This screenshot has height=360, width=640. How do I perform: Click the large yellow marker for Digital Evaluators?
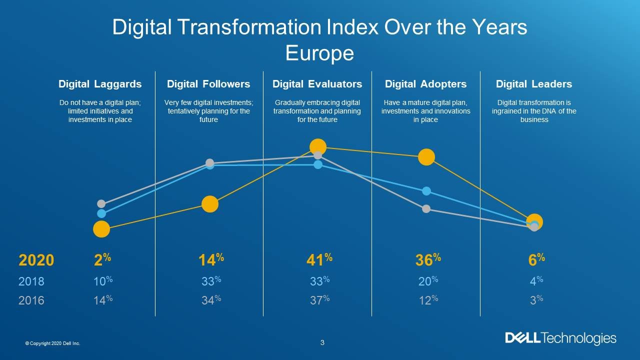click(318, 147)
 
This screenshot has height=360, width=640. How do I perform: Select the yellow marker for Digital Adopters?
click(426, 157)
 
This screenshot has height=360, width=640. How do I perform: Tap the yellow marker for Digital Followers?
click(210, 204)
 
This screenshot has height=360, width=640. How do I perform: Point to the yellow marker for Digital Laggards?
click(101, 229)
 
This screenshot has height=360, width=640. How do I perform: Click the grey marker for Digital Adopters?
click(426, 209)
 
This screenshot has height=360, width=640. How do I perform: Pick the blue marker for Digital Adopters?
click(426, 191)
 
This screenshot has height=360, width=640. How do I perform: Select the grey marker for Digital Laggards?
click(101, 203)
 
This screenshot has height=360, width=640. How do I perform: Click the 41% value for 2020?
click(318, 260)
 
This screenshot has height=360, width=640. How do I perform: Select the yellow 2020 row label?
click(36, 260)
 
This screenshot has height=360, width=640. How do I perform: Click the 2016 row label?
click(31, 300)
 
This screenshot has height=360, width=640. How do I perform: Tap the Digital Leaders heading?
click(533, 84)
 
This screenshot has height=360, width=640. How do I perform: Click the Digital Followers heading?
click(208, 84)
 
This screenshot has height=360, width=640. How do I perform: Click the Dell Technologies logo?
click(560, 338)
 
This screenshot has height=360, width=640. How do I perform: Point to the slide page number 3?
click(322, 342)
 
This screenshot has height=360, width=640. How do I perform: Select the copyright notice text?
click(52, 343)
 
